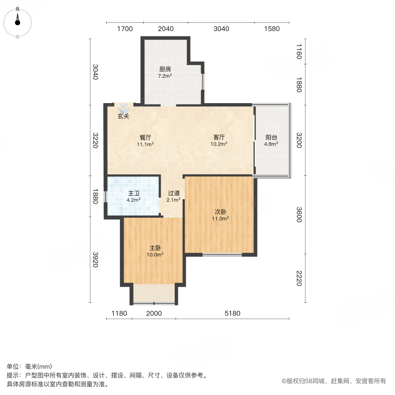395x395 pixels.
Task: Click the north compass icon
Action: point(18,21)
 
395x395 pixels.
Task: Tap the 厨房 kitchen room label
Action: point(165,69)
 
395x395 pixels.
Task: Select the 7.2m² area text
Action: point(165,75)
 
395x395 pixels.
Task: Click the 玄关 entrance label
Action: point(123,116)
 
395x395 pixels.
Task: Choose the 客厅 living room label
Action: point(219,137)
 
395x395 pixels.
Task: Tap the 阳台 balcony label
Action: point(271,137)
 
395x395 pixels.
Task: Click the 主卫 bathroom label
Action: point(134,193)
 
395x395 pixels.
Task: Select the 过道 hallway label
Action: point(174,193)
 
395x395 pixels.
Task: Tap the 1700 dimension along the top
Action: point(125,29)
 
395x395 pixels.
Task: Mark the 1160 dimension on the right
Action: point(298,51)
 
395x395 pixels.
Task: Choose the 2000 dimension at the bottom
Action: point(154,313)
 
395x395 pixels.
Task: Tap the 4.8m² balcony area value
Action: point(271,144)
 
